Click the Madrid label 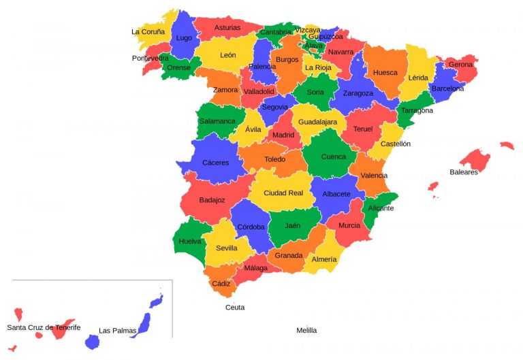click(x=283, y=135)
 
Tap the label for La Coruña click(x=148, y=31)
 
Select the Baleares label click(x=464, y=172)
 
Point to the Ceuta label click(x=235, y=307)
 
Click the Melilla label click(x=306, y=330)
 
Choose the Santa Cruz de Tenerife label click(x=44, y=327)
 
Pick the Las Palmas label click(x=117, y=331)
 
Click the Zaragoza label click(x=358, y=93)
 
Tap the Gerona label click(x=460, y=65)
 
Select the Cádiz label click(x=221, y=283)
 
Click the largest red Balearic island click(x=476, y=159)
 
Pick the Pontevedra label click(x=150, y=59)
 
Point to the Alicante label click(x=381, y=208)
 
